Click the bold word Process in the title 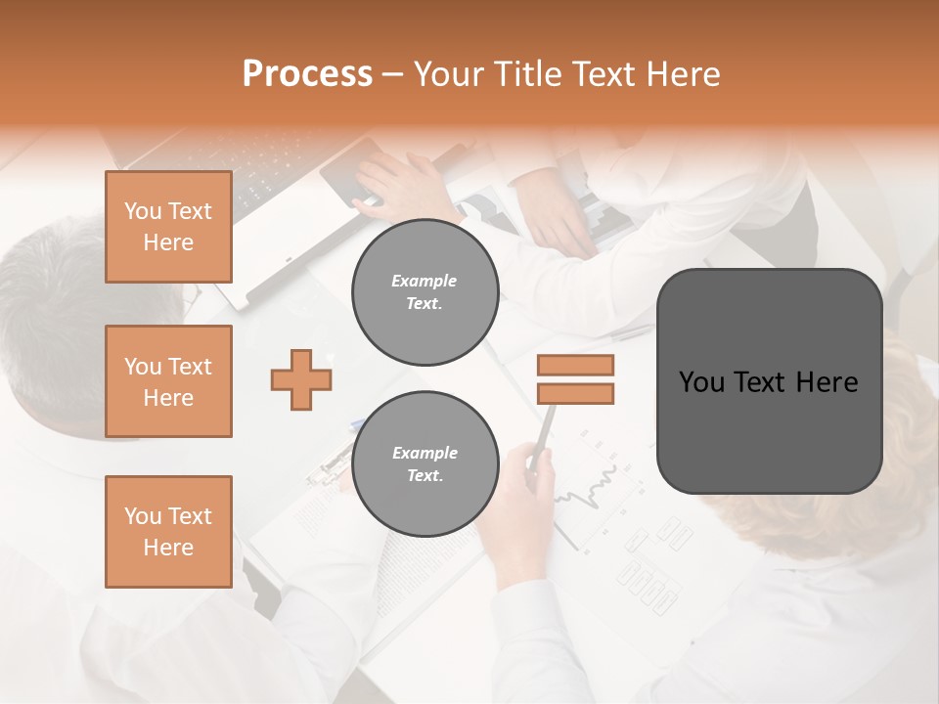click(x=307, y=74)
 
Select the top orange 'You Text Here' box click(x=168, y=227)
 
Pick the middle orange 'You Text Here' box click(x=168, y=381)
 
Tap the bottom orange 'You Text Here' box click(x=168, y=532)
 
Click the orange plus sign click(x=301, y=378)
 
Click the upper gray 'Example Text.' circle click(x=425, y=292)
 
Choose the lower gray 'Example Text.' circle click(x=425, y=464)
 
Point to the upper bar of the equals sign click(x=575, y=365)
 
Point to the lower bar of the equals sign click(x=575, y=393)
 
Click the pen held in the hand click(x=544, y=430)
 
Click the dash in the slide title click(x=393, y=74)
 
